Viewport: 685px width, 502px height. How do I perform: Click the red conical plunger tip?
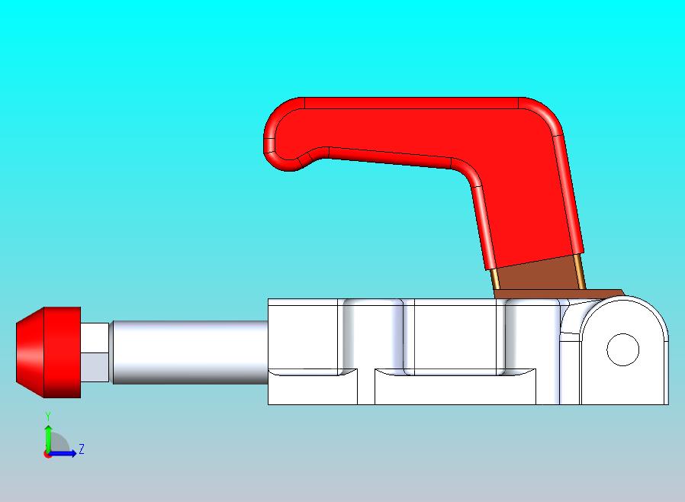tap(49, 352)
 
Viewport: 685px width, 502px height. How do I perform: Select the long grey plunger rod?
tap(190, 352)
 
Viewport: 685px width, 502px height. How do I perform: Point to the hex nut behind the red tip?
tap(95, 352)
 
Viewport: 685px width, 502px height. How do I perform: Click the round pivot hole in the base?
tap(623, 349)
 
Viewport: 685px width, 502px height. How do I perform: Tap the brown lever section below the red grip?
tap(539, 275)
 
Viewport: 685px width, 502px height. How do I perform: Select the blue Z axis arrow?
tap(61, 453)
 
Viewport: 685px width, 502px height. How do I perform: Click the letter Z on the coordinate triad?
tap(82, 449)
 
